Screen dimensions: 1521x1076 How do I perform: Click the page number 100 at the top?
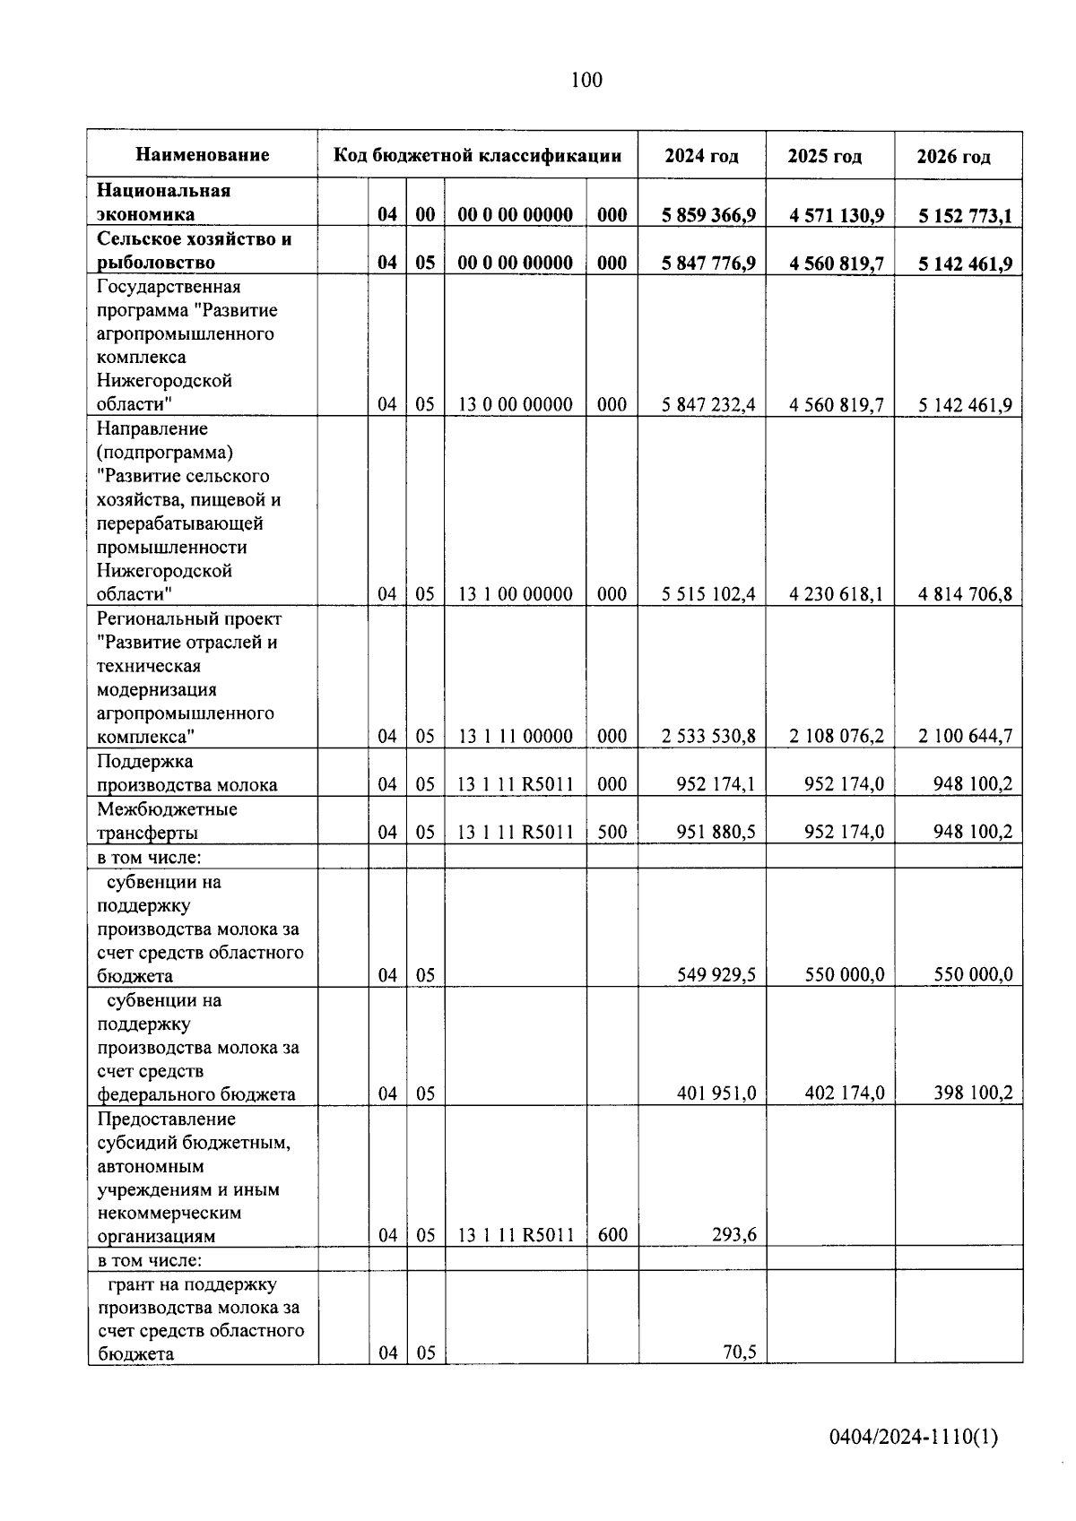[586, 81]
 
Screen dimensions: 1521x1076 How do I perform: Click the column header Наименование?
[203, 155]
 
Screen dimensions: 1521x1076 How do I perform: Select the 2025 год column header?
[825, 156]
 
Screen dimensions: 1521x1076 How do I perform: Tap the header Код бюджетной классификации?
[478, 155]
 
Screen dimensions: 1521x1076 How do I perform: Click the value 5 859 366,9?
[708, 215]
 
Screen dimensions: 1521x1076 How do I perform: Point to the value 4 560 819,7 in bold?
[837, 264]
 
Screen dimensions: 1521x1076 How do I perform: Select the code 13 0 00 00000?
[516, 404]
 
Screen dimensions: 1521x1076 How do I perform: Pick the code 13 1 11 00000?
[516, 736]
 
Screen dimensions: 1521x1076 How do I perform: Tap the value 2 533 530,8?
[708, 736]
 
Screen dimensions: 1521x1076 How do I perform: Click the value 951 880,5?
[716, 832]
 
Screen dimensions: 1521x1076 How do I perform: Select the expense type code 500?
[612, 832]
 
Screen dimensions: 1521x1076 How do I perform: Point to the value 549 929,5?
[716, 974]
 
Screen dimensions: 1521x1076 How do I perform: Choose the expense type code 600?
[612, 1235]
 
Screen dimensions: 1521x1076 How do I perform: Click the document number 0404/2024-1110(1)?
[913, 1437]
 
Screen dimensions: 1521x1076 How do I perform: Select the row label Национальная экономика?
[163, 203]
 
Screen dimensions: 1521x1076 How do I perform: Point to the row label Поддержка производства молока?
[187, 773]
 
